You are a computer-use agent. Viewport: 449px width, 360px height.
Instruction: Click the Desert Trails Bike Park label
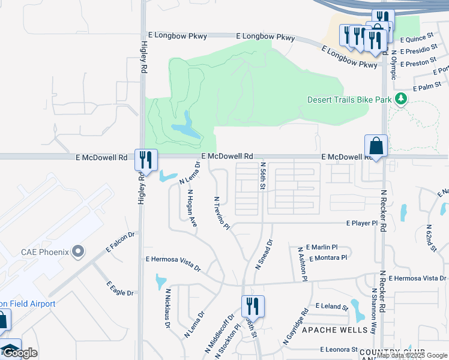349,100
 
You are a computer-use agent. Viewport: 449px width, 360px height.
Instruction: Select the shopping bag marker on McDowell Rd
376,146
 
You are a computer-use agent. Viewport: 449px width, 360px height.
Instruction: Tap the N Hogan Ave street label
192,209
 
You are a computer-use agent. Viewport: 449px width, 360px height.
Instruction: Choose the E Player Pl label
362,223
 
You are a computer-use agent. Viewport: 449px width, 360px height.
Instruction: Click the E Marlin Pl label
322,247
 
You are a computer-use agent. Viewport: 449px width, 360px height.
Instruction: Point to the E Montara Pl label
327,257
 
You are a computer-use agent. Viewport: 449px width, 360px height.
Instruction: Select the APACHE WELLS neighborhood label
334,330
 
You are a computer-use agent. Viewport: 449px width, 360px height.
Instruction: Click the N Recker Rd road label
382,208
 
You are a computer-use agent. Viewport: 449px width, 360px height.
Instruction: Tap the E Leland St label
331,306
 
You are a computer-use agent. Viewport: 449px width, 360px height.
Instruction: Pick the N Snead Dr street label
264,254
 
